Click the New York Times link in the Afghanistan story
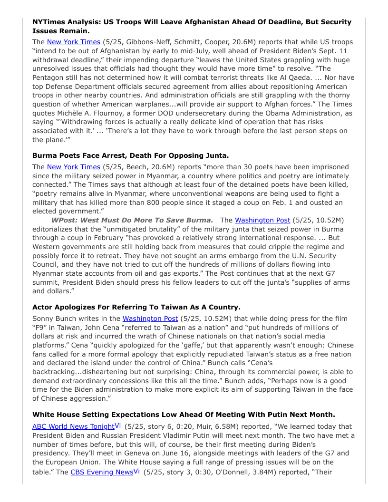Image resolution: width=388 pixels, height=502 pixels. [73, 42]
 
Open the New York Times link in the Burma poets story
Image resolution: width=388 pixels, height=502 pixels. [73, 167]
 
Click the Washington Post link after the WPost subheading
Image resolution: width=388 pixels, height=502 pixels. [262, 220]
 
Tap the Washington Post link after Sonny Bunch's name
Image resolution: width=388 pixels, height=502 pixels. [150, 319]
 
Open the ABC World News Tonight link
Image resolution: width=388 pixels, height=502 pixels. [73, 426]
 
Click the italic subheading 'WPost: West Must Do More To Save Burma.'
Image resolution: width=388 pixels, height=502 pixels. [132, 220]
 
